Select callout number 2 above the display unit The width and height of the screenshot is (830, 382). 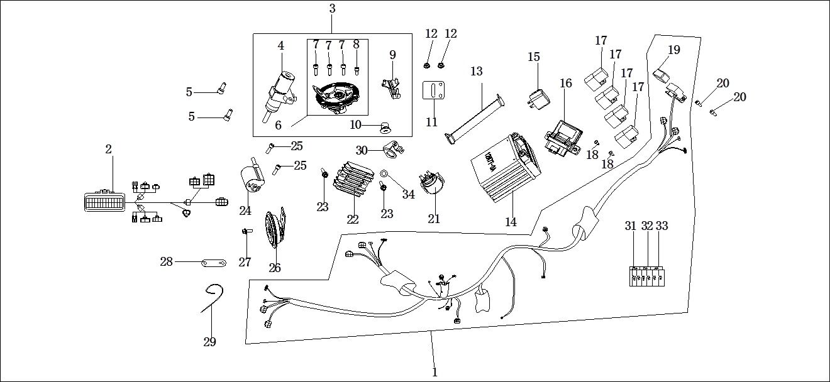(108, 150)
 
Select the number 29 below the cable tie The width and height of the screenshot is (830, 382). (209, 342)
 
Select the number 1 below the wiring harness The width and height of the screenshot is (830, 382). (434, 372)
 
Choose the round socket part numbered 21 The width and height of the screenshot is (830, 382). (433, 183)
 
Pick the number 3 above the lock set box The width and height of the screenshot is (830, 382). (332, 9)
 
